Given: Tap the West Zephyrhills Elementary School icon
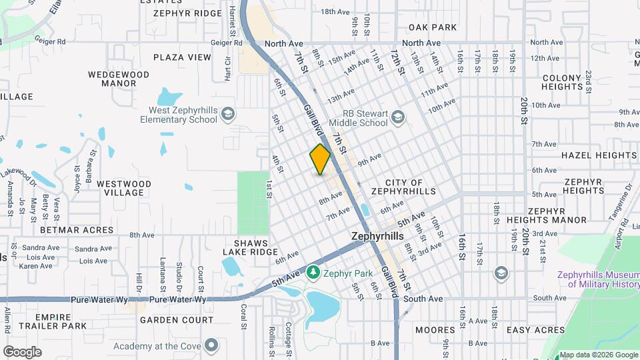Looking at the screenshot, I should click(x=229, y=112).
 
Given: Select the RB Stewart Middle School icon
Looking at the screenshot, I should click(x=398, y=117).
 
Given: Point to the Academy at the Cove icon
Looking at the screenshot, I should click(x=211, y=345).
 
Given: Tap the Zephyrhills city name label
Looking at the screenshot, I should click(x=378, y=237).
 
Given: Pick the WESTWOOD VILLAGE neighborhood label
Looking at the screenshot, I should click(x=124, y=188).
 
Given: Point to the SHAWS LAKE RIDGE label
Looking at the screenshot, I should click(x=255, y=247).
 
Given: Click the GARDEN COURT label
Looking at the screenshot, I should click(x=177, y=320).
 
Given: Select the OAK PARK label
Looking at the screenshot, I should click(x=433, y=27).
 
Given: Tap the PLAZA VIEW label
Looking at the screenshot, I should click(x=182, y=57).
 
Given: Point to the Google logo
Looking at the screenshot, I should click(x=22, y=352).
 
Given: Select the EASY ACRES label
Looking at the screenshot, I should click(x=535, y=330).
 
